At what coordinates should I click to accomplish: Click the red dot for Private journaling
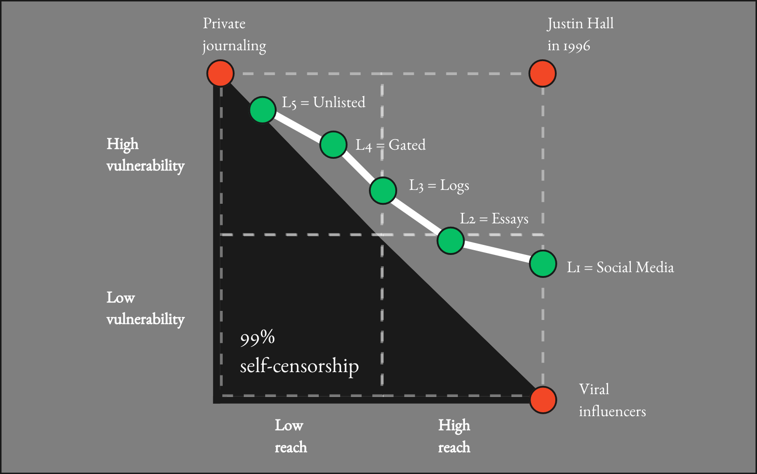[x=220, y=74]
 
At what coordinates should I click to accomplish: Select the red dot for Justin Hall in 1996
[x=542, y=74]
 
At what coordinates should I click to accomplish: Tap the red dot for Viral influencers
[x=543, y=400]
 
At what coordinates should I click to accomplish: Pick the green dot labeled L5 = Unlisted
[x=263, y=110]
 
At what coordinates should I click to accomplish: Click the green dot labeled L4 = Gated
[x=333, y=144]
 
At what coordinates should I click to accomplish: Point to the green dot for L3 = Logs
[x=383, y=190]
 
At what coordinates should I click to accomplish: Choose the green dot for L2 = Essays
[x=451, y=241]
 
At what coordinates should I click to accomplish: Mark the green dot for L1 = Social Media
[x=543, y=264]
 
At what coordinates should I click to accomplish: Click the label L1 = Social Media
[x=620, y=267]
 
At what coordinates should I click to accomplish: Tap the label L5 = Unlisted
[x=324, y=102]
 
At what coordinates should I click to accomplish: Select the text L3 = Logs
[x=439, y=186]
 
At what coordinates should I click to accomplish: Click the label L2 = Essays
[x=494, y=219]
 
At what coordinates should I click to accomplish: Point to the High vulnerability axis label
[x=145, y=155]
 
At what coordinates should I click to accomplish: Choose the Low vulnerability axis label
[x=145, y=309]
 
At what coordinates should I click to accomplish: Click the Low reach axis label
[x=291, y=436]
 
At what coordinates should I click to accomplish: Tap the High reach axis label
[x=454, y=436]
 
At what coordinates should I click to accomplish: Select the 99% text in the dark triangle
[x=257, y=338]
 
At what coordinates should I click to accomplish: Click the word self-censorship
[x=299, y=366]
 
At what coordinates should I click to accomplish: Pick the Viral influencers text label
[x=612, y=400]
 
